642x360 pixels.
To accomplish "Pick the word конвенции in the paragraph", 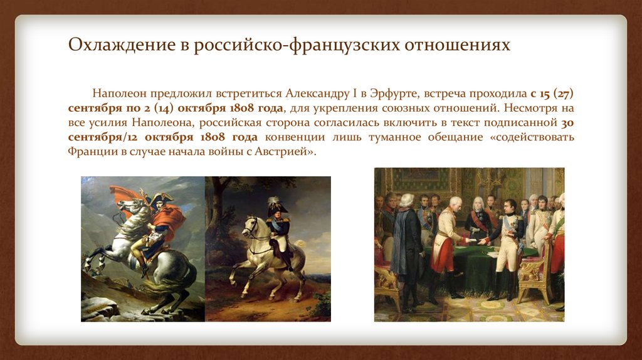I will coord(294,138).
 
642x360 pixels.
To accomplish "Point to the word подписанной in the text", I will coord(522,124).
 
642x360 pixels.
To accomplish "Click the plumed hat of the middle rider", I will coord(275,204).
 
